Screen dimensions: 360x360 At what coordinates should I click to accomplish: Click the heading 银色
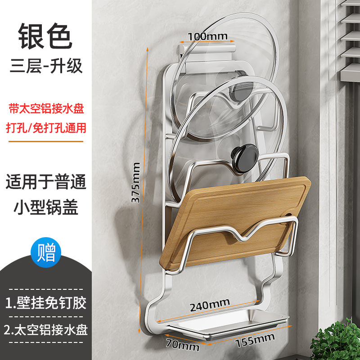45,36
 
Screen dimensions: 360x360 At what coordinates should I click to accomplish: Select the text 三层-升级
45,66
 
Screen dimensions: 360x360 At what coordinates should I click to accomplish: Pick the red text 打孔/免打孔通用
46,127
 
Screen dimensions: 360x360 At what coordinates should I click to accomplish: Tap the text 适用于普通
45,183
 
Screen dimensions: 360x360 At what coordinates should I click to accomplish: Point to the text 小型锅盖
45,207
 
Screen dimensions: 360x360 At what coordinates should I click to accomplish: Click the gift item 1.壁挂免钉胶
46,301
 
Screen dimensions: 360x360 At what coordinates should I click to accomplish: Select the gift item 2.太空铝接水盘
46,330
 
